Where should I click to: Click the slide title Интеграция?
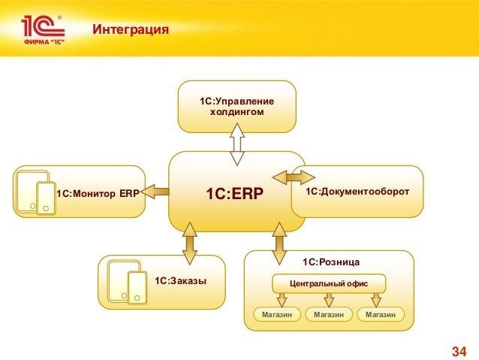pos(130,30)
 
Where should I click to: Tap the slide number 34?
pos(458,351)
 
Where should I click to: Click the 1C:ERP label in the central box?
pos(234,195)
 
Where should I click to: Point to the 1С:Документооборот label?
pos(357,192)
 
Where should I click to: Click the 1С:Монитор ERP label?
pos(94,193)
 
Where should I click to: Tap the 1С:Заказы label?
pos(180,281)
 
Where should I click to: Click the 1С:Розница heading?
pos(331,262)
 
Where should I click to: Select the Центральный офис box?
pos(329,283)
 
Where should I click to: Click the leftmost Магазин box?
pos(277,314)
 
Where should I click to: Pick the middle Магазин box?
pos(329,314)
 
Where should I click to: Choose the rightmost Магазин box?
pos(381,314)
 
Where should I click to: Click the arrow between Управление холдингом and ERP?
pos(237,144)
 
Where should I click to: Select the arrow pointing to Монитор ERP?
pos(156,192)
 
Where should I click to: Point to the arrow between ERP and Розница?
pos(279,239)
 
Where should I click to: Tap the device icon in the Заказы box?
pos(128,282)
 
